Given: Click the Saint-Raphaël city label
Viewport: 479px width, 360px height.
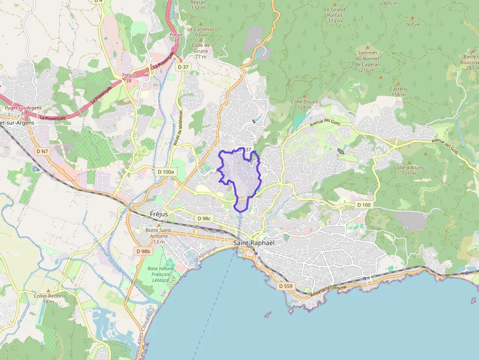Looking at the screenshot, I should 254,243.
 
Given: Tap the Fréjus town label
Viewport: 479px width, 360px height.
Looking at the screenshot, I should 159,214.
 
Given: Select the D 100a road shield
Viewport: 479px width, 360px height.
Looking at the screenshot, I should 166,172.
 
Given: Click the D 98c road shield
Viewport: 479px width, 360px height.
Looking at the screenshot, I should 203,218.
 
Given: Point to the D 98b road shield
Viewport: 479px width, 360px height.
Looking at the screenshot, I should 143,251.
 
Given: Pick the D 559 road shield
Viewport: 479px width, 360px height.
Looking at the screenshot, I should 285,285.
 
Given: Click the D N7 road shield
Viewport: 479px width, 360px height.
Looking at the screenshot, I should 43,151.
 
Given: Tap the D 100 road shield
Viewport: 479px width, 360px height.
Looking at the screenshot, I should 364,205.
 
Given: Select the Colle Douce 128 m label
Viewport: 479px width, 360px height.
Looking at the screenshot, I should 305,104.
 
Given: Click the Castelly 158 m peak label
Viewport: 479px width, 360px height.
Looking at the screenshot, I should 398,91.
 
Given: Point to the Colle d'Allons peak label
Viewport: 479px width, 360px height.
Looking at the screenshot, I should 409,170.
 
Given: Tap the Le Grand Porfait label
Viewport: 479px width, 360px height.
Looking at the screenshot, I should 334,15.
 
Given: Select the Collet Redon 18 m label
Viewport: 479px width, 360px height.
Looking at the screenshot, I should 48,298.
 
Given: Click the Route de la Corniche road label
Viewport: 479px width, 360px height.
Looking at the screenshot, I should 328,290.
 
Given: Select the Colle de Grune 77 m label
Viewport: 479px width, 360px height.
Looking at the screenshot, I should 200,51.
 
